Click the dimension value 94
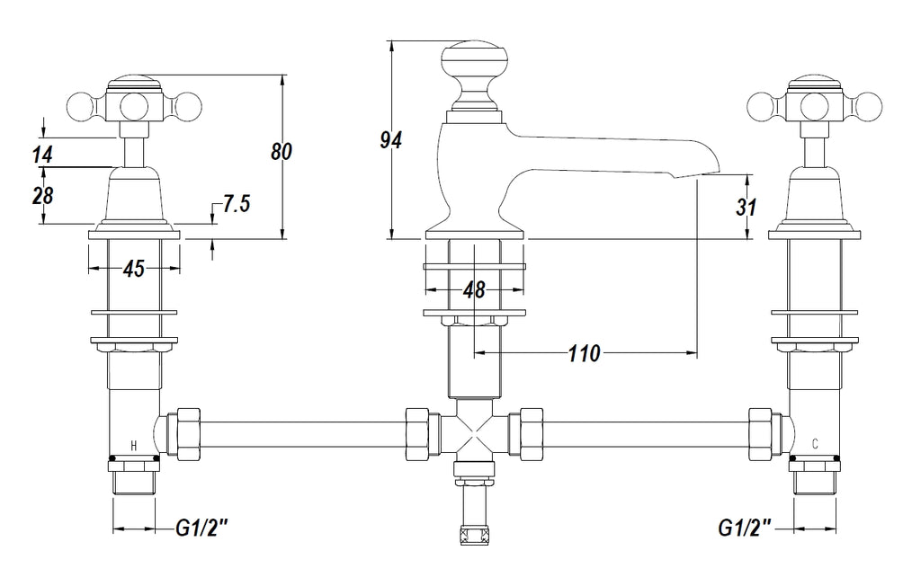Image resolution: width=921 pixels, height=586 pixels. point(390,140)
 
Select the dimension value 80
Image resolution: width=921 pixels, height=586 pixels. point(282,153)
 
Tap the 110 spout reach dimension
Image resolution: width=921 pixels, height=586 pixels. point(584,354)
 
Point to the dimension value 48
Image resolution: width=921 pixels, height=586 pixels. point(474,290)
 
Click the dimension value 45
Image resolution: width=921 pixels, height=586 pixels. point(134,269)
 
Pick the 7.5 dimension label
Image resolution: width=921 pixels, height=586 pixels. point(236,204)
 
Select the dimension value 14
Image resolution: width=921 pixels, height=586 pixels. point(42,155)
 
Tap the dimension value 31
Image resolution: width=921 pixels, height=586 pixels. point(746,208)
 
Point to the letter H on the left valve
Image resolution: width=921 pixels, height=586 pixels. point(134,445)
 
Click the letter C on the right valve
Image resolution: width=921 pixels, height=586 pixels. point(814,444)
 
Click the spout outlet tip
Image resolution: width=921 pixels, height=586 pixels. point(709,166)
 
